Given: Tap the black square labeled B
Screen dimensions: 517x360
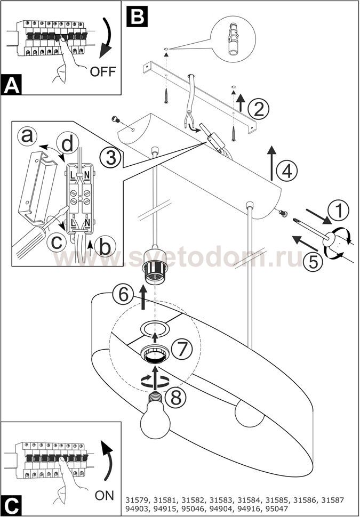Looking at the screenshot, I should [137, 16].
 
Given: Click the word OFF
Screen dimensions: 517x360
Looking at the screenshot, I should [103, 71].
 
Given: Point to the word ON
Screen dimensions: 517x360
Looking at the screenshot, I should [105, 495].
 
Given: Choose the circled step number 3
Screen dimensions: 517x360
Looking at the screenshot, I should [110, 157].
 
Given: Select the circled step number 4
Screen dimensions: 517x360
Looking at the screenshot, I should [286, 172].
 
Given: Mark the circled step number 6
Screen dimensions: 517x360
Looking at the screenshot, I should [122, 294].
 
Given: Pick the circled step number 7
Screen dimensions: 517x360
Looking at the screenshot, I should [182, 350].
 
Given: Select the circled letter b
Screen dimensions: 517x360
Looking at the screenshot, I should [107, 247].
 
